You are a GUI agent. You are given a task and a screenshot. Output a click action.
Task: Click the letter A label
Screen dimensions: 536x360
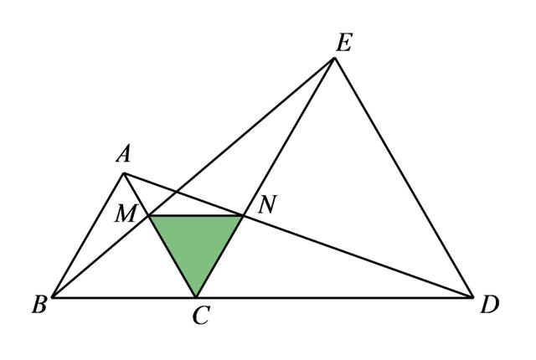click(124, 154)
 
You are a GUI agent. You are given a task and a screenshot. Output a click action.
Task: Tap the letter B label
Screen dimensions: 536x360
click(39, 305)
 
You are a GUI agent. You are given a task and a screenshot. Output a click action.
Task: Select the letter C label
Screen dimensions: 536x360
click(199, 316)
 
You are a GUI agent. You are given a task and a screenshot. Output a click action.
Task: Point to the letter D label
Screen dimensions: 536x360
click(490, 305)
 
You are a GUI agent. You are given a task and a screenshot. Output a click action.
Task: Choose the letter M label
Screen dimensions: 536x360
click(126, 214)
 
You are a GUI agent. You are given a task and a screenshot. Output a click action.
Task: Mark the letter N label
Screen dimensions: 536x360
click(266, 204)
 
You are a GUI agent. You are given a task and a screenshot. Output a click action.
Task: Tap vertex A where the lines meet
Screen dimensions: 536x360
click(124, 173)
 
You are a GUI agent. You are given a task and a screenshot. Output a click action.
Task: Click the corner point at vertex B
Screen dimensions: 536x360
click(53, 296)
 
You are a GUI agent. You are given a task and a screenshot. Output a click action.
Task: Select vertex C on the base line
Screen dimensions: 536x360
click(196, 296)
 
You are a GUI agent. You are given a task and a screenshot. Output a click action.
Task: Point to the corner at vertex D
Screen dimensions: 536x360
click(473, 296)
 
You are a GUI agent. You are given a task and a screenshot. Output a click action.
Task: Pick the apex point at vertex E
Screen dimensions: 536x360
click(335, 58)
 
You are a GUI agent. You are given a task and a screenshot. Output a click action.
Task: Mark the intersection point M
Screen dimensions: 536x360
click(149, 216)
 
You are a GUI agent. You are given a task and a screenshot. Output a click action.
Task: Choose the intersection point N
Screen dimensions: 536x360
click(243, 216)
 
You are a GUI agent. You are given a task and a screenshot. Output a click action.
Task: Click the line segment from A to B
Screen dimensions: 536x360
click(88, 235)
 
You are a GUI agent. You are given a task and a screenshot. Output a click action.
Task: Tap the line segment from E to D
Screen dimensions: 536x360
click(404, 177)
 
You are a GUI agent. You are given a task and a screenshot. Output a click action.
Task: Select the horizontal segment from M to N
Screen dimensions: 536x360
click(196, 216)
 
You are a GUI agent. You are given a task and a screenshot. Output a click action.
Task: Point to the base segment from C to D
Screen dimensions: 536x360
click(335, 296)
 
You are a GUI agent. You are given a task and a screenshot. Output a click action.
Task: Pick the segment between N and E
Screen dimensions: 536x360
click(289, 136)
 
